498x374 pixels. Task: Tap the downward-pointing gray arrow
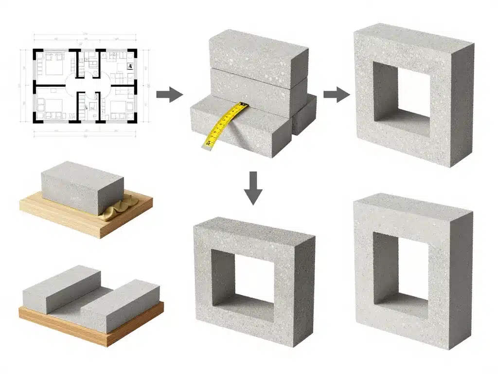[253, 187]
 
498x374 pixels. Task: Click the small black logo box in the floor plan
[130, 67]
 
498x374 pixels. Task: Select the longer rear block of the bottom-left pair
[61, 290]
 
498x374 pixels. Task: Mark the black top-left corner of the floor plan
[36, 52]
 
